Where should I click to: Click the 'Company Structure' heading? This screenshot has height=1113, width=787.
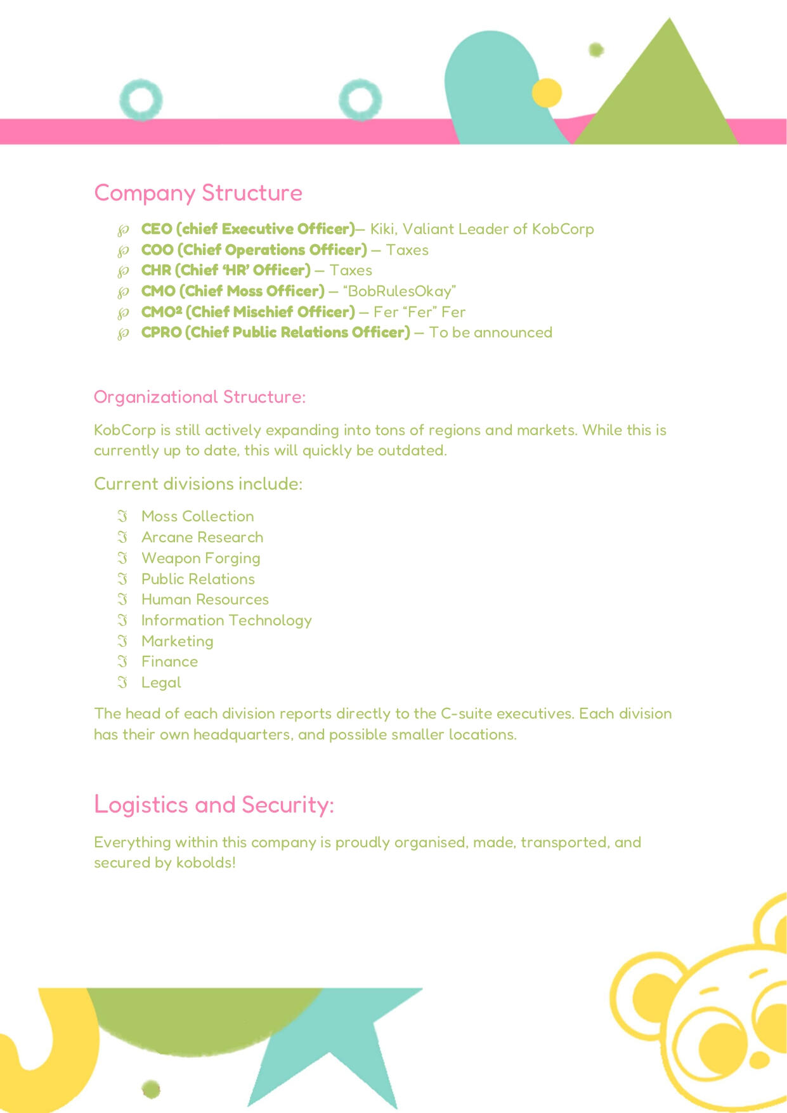[x=198, y=193]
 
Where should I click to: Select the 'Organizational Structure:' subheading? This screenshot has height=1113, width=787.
[x=199, y=397]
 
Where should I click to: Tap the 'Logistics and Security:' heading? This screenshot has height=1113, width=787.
[x=214, y=804]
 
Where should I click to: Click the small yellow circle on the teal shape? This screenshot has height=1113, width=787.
[x=547, y=93]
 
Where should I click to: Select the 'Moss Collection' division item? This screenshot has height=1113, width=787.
[x=197, y=516]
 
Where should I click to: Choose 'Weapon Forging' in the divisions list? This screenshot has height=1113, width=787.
[x=200, y=558]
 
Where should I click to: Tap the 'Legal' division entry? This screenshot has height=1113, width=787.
[x=161, y=682]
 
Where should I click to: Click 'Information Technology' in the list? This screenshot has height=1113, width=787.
[x=226, y=620]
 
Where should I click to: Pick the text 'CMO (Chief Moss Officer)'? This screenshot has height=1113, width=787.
[x=233, y=291]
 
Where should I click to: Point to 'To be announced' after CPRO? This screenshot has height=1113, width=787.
[x=490, y=332]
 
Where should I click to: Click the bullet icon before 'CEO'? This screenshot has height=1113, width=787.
[x=124, y=230]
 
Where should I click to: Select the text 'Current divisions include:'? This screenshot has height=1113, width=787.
[x=198, y=484]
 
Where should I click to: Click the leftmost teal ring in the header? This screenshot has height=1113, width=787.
[x=141, y=100]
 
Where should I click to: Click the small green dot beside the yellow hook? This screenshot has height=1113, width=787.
[x=151, y=1090]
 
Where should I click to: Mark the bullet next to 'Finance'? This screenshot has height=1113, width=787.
[x=123, y=661]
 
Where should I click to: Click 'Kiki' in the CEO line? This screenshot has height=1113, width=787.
[x=382, y=229]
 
